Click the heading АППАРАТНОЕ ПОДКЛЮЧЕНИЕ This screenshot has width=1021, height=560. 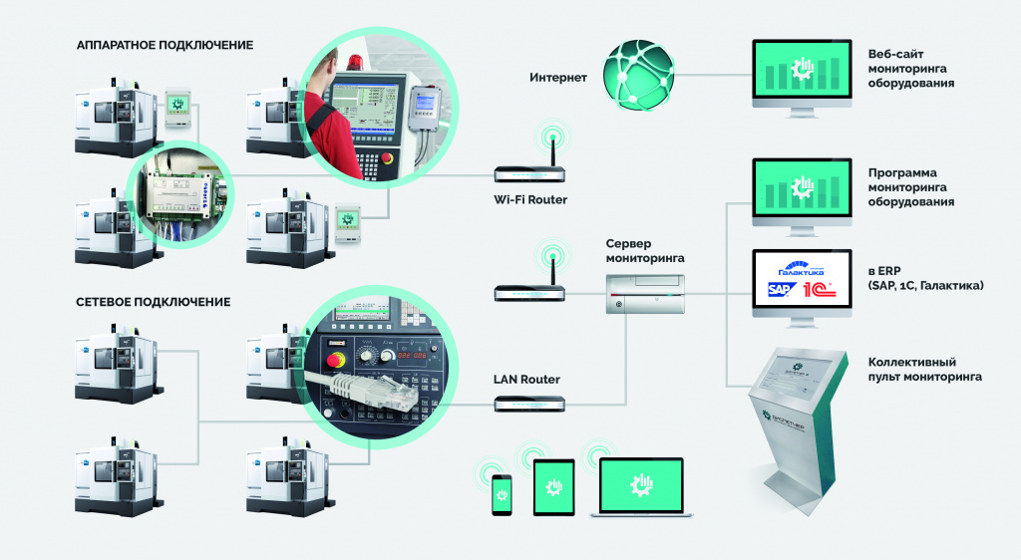[166, 45]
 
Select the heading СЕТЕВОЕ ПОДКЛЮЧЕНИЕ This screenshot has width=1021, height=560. [154, 302]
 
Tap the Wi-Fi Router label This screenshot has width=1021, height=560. [529, 200]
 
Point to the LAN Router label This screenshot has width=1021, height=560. [526, 380]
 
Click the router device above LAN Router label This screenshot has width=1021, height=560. [529, 404]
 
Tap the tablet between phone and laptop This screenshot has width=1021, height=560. [554, 487]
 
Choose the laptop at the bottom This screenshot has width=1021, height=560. [640, 487]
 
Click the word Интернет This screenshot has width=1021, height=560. [558, 78]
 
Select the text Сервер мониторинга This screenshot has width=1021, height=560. [644, 251]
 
